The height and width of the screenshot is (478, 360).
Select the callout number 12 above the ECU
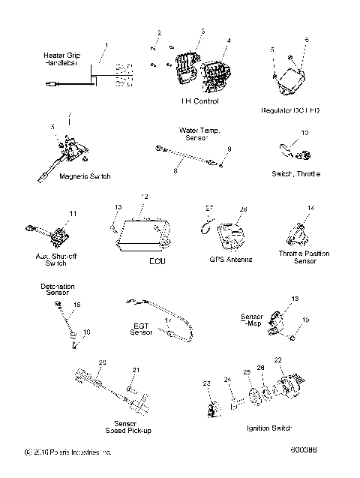tap(145, 197)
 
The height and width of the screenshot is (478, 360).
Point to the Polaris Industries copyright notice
tap(67, 452)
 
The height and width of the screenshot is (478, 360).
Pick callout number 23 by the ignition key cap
tap(206, 383)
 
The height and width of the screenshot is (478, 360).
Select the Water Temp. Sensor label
tap(199, 134)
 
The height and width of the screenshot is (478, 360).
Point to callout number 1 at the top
tap(106, 46)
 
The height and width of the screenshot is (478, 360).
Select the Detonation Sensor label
tap(57, 289)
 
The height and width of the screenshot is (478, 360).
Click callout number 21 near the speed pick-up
tap(136, 370)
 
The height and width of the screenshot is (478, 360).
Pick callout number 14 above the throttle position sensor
tap(310, 206)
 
